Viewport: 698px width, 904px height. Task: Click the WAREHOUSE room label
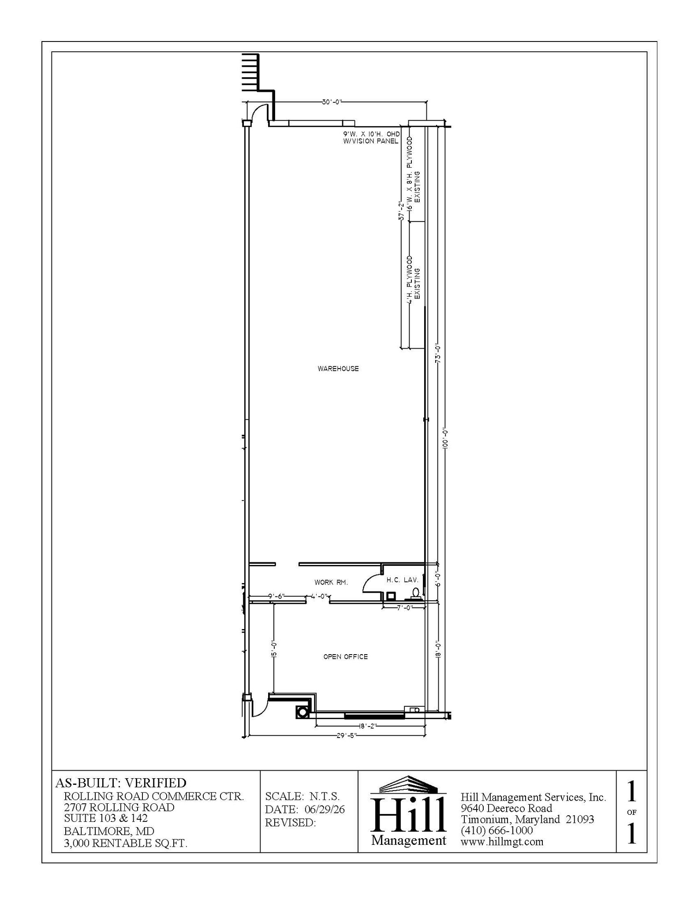click(338, 369)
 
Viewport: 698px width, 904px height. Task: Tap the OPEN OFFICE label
click(345, 657)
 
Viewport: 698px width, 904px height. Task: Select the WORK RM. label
click(331, 582)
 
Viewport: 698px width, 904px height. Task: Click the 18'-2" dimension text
click(367, 726)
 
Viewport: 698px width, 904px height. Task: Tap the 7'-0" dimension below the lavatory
click(404, 607)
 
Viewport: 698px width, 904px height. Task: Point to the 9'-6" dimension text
click(276, 596)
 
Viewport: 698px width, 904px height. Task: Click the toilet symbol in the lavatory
click(415, 593)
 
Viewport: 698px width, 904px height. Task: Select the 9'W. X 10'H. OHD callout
click(371, 134)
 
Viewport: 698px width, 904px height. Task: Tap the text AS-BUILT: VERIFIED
click(121, 783)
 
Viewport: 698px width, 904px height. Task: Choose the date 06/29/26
click(325, 810)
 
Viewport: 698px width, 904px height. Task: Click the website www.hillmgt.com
click(502, 842)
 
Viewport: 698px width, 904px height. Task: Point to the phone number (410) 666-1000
click(497, 830)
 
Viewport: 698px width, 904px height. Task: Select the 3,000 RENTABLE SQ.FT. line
click(126, 843)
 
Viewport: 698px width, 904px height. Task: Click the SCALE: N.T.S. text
click(302, 796)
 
